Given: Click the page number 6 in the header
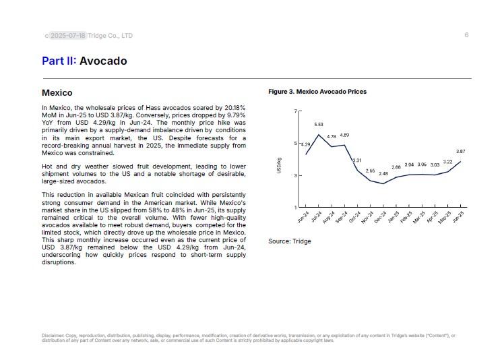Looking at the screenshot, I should click(466, 35).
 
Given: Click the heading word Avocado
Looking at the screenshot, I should click(103, 61).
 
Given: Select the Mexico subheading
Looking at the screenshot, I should click(57, 93).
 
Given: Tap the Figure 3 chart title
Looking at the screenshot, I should click(317, 92).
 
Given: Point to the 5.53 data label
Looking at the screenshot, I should click(319, 125).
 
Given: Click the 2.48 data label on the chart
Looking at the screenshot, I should click(383, 174).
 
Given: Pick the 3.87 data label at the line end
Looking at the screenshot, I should click(461, 152).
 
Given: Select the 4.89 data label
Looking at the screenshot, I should click(344, 136).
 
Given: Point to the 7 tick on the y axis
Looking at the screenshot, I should click(295, 111).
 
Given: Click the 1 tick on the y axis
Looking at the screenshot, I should click(295, 207).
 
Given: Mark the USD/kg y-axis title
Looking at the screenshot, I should click(279, 166).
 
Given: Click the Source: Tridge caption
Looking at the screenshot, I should click(290, 241).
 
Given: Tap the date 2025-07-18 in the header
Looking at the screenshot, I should click(68, 36).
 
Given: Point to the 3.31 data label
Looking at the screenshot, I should click(357, 160).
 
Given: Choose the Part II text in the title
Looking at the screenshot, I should click(58, 61).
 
